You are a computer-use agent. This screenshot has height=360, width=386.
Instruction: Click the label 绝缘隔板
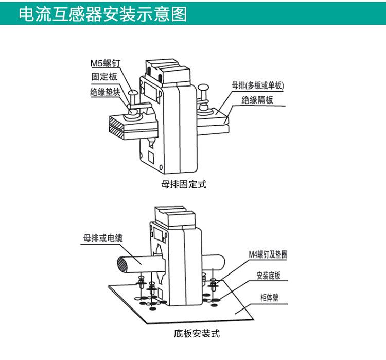pos(258,100)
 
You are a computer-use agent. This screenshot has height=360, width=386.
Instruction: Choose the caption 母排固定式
pos(184,184)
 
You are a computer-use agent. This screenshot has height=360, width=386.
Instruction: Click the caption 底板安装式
pos(197,334)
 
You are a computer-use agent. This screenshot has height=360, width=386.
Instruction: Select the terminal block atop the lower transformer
pos(174,214)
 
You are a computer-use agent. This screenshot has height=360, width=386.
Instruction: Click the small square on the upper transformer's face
pos(151,155)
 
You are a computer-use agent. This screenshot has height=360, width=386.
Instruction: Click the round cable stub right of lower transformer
pos(215,262)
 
